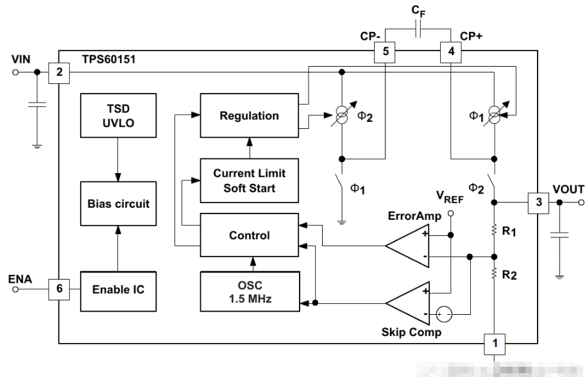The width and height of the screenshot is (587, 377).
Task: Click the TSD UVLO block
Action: coord(118,115)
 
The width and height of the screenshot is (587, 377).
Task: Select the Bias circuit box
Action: coord(118,203)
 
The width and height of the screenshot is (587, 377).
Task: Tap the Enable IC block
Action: coord(118,289)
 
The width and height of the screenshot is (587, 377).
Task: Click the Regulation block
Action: coord(249,115)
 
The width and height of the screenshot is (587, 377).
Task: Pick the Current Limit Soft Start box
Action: coord(249,180)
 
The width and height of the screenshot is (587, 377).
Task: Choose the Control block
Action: coord(249,235)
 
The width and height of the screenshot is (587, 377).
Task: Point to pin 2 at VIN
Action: coord(59,72)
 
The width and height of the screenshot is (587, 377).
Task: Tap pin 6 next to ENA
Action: coord(59,289)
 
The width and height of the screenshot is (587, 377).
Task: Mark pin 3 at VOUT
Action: coord(538,203)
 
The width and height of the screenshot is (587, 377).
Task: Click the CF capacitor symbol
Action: coord(418,29)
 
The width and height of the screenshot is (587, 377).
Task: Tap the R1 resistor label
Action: coord(509,231)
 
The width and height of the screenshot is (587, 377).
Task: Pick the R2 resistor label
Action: coord(509,274)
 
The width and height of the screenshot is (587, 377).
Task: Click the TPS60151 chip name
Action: coord(108,60)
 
